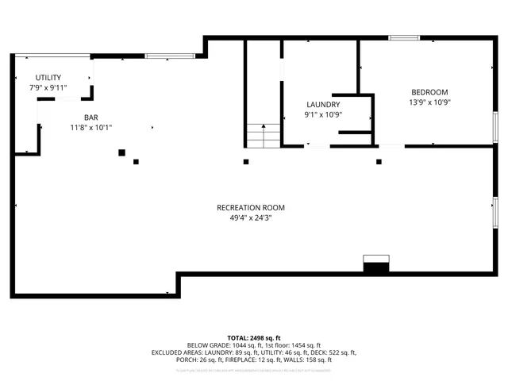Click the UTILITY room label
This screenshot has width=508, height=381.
[x=48, y=78]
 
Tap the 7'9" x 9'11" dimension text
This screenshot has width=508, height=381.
[x=48, y=87]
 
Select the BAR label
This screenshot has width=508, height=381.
[x=80, y=117]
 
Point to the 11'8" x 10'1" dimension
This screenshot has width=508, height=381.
[x=80, y=127]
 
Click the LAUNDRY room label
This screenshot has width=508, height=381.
[x=323, y=105]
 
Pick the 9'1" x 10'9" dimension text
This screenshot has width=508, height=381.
[x=323, y=115]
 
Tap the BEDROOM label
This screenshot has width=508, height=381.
[x=429, y=92]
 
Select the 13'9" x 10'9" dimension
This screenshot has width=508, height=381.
[x=429, y=102]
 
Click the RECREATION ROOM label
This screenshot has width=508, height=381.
[x=251, y=208]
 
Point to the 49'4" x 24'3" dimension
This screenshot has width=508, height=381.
[x=251, y=218]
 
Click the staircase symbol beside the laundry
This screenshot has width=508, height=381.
[x=263, y=136]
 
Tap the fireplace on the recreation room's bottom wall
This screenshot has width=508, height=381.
[x=375, y=265]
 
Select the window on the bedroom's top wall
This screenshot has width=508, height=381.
[x=404, y=37]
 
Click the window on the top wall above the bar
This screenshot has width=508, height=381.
[x=169, y=56]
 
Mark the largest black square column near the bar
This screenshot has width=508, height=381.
[x=121, y=152]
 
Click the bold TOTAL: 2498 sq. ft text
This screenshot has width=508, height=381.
[x=254, y=338]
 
